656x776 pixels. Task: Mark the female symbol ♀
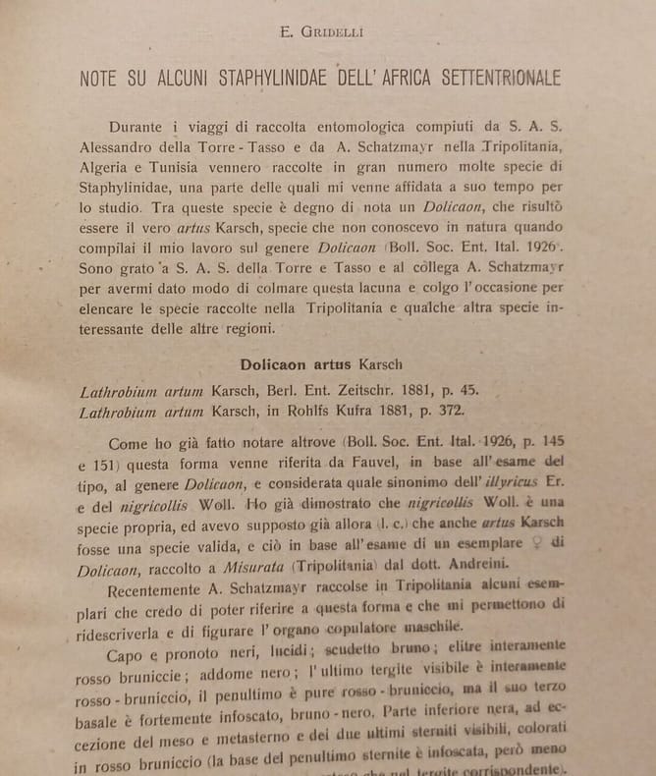(562, 545)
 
